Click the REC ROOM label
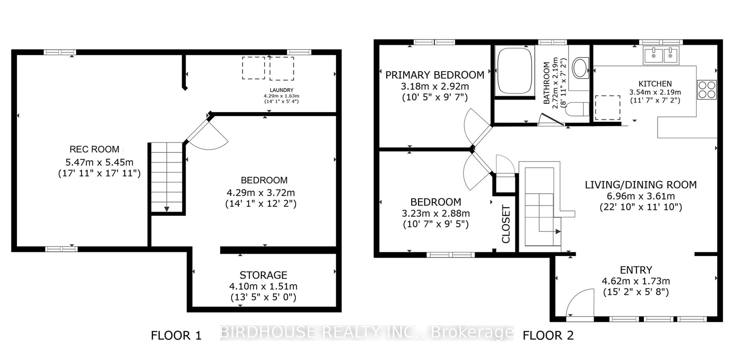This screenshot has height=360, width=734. coord(94,149)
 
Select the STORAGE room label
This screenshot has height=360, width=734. coord(263,275)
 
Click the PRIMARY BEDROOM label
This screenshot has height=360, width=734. coord(434,75)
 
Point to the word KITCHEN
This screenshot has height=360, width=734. coord(655,84)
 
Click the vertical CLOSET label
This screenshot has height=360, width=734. coord(506,224)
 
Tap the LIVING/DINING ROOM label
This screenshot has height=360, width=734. coord(641,185)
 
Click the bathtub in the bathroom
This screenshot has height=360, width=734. coord(515,71)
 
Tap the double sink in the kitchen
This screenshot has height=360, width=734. coord(661,55)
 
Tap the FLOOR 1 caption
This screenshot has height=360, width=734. coord(176,336)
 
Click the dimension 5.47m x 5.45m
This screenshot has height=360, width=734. coord(99,162)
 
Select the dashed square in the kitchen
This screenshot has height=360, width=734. coord(607,108)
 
